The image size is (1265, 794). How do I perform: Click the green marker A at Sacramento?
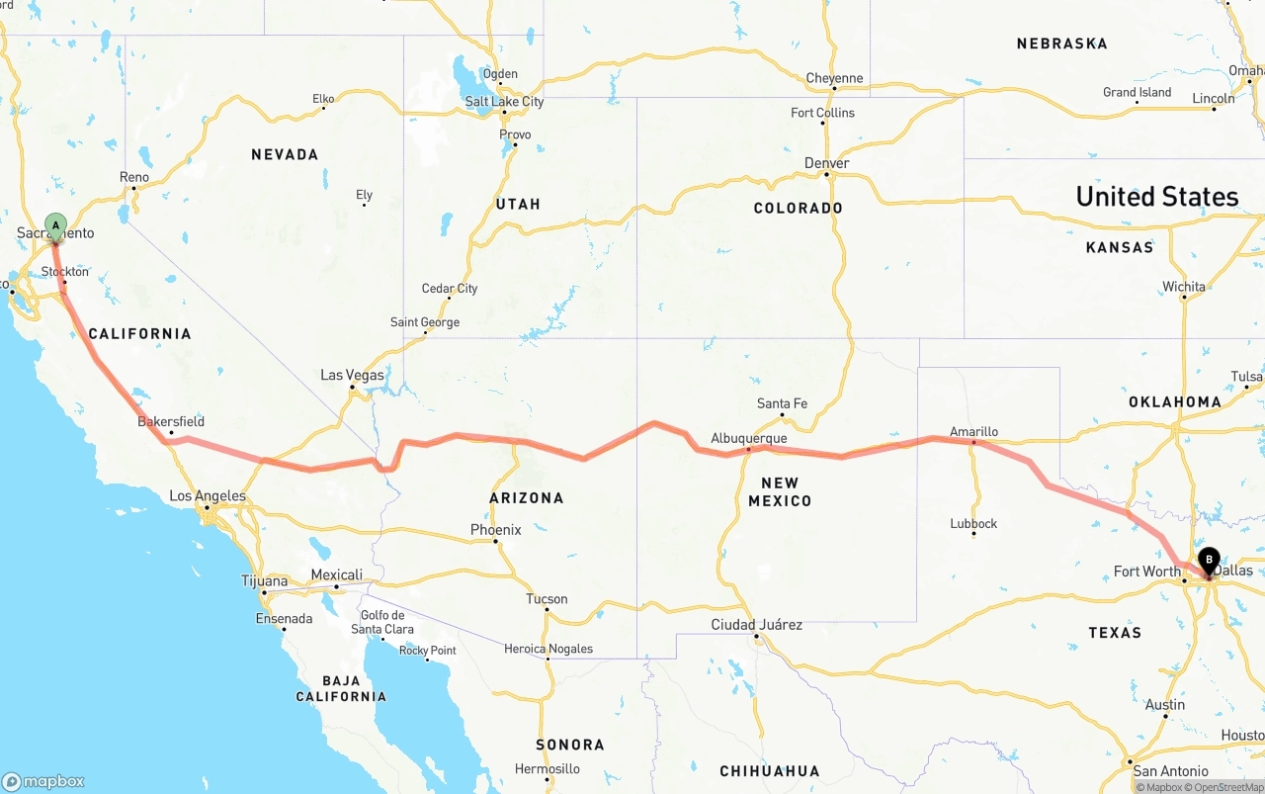pyautogui.click(x=55, y=225)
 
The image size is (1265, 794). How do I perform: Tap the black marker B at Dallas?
pyautogui.click(x=1208, y=561)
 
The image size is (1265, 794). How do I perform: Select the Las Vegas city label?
pyautogui.click(x=352, y=375)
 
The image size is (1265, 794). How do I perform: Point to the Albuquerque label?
pyautogui.click(x=749, y=438)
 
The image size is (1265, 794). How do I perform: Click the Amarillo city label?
pyautogui.click(x=973, y=431)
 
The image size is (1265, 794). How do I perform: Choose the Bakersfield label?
pyautogui.click(x=171, y=421)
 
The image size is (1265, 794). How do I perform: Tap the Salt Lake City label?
pyautogui.click(x=504, y=102)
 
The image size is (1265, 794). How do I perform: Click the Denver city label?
pyautogui.click(x=826, y=163)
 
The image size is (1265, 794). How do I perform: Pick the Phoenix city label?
pyautogui.click(x=495, y=530)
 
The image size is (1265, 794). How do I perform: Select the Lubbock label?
pyautogui.click(x=973, y=523)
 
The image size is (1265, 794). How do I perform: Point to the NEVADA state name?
pyautogui.click(x=285, y=154)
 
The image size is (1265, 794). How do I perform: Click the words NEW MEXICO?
pyautogui.click(x=780, y=491)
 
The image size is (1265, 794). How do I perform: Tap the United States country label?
pyautogui.click(x=1156, y=196)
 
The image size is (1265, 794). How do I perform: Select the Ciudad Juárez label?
pyautogui.click(x=757, y=625)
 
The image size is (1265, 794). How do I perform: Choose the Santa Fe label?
pyautogui.click(x=782, y=403)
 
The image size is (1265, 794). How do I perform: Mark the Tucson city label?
pyautogui.click(x=547, y=598)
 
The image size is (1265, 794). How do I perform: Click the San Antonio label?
pyautogui.click(x=1170, y=771)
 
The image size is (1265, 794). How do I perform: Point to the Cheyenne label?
pyautogui.click(x=834, y=78)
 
